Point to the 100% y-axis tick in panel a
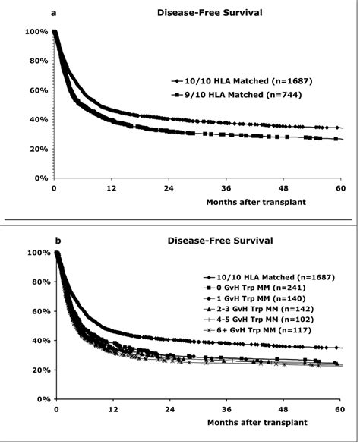coord(36,32)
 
